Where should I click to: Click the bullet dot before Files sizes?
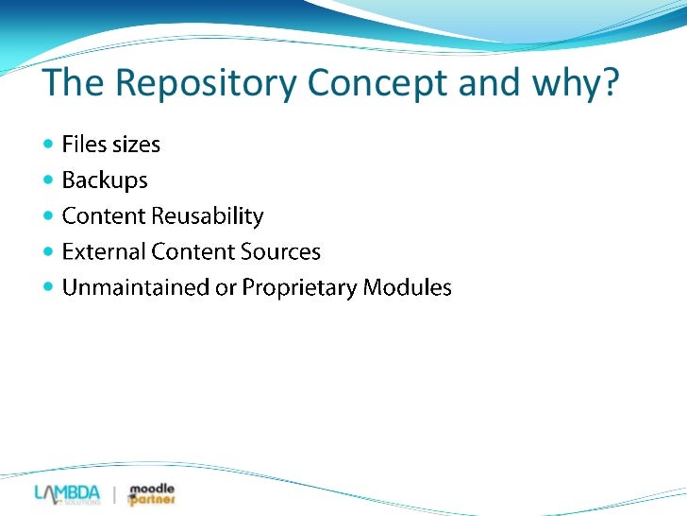click(x=49, y=145)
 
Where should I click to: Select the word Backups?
click(x=105, y=181)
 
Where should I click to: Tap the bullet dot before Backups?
click(x=49, y=180)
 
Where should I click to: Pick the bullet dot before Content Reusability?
click(x=49, y=215)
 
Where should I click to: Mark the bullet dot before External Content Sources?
click(x=49, y=251)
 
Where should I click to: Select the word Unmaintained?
click(x=131, y=288)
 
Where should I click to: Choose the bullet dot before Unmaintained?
click(x=49, y=287)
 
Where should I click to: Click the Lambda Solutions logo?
click(x=67, y=494)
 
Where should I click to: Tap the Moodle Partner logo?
click(x=151, y=494)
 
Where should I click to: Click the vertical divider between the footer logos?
click(x=114, y=495)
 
